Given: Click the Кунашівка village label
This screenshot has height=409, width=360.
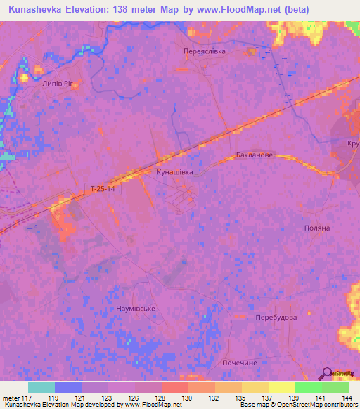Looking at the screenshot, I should pyautogui.click(x=174, y=171).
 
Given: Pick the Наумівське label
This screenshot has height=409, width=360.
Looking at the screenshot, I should pyautogui.click(x=135, y=308).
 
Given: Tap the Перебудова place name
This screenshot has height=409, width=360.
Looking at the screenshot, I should pyautogui.click(x=276, y=317).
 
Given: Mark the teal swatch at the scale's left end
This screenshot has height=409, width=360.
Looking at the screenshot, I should pyautogui.click(x=41, y=387).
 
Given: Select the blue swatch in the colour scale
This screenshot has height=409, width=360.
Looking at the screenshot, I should pyautogui.click(x=68, y=387).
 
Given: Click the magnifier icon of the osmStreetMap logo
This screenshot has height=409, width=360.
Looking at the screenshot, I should pyautogui.click(x=327, y=372).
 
